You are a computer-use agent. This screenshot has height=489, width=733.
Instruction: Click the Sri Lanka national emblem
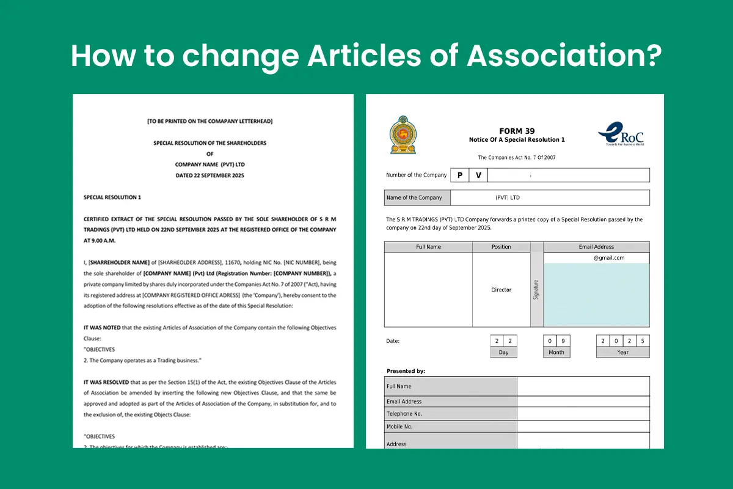403,134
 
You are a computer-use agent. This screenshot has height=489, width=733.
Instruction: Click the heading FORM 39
516,131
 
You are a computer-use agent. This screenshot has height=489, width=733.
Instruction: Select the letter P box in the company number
459,175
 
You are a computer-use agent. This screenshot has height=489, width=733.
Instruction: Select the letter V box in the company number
478,175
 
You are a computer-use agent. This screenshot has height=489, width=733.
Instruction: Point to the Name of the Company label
414,197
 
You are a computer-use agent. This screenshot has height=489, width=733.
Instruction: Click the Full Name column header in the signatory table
428,247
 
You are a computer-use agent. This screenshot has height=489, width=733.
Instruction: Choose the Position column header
501,247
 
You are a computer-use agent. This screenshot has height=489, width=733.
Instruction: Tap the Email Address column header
596,247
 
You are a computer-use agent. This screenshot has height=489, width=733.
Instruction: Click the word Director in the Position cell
501,290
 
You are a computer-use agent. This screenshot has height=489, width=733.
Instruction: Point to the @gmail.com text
608,258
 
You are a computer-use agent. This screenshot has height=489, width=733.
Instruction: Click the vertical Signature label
536,290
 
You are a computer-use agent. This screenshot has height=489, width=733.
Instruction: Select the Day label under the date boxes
503,352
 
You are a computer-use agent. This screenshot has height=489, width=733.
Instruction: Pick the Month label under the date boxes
556,352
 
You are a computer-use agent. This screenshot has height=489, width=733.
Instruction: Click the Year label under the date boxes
622,352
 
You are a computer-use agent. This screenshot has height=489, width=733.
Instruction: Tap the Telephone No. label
404,414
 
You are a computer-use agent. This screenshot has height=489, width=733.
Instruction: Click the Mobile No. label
399,427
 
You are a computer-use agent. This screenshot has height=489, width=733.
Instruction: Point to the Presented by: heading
406,371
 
